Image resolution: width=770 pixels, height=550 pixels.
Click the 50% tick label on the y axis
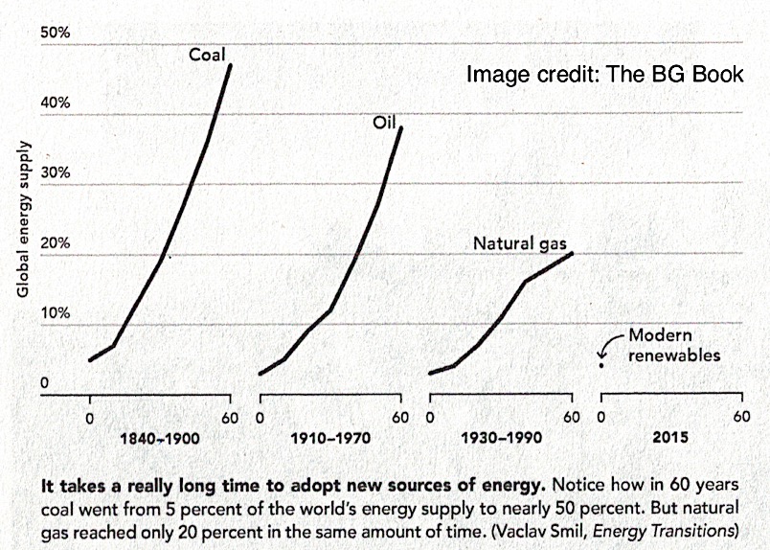56,34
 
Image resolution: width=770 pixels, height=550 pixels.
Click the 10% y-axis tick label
56,313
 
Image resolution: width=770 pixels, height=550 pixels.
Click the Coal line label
207,55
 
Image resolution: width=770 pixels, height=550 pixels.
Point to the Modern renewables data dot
601,364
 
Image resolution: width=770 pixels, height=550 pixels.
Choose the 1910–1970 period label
329,438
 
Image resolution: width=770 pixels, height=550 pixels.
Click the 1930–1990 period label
500,438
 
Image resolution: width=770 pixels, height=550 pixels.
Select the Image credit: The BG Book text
605,74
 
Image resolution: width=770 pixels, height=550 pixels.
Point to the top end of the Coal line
230,65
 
